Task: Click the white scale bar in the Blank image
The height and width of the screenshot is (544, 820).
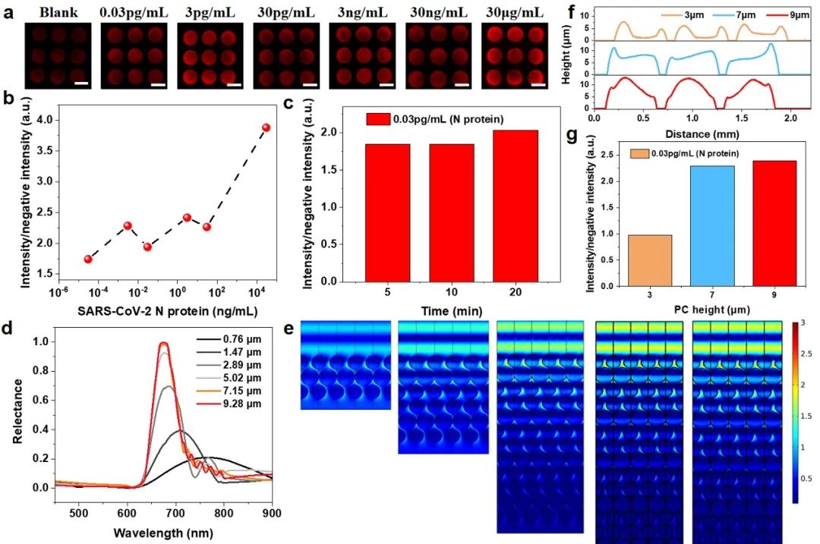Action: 78,82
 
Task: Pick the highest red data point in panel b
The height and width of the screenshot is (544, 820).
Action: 266,127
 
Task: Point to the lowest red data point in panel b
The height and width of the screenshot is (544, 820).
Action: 88,259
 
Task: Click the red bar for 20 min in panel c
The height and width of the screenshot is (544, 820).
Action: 516,206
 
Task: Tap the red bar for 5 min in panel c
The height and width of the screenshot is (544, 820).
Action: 388,212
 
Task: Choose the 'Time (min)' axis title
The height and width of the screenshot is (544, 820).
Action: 451,311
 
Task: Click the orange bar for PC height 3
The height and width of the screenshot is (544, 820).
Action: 651,260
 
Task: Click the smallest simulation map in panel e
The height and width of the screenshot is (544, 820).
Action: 346,365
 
